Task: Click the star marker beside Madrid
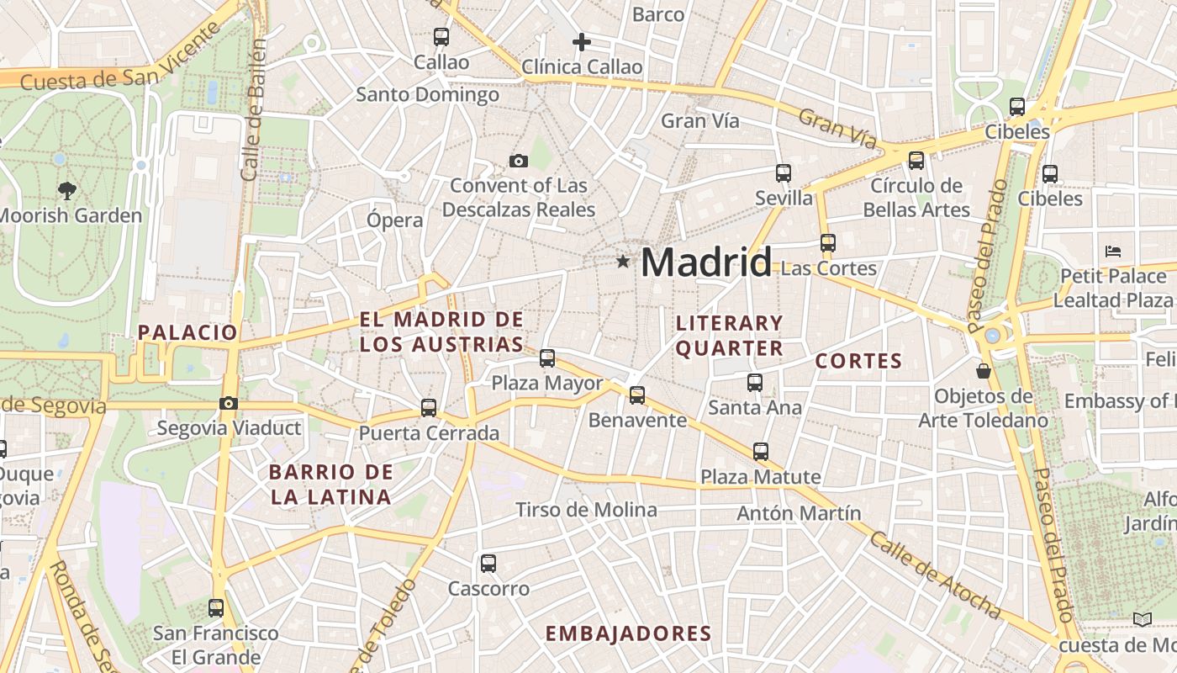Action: [623, 262]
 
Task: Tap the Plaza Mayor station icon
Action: [547, 358]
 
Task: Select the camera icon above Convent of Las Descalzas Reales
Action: [519, 161]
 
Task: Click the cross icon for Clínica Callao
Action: [581, 41]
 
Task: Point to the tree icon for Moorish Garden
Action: [67, 190]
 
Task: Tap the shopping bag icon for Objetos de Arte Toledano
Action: [983, 370]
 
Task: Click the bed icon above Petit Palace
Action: [1113, 251]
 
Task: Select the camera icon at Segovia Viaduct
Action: [228, 404]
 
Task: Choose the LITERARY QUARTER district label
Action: [730, 336]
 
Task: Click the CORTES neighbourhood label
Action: [858, 362]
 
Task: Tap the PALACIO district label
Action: [188, 332]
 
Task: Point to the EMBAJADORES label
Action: [628, 633]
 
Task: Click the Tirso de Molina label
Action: [586, 510]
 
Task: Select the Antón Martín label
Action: [799, 513]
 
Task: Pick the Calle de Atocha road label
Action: [934, 575]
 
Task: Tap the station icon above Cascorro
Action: [488, 564]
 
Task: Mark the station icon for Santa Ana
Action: [754, 383]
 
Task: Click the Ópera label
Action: [394, 220]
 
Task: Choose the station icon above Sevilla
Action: [784, 173]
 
